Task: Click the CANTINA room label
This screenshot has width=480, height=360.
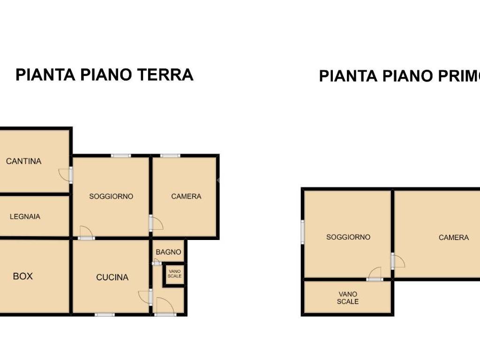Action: click(23, 161)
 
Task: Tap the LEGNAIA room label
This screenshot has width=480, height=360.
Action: click(25, 217)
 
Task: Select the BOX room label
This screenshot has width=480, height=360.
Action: click(22, 276)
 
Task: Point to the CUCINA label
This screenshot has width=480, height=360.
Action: click(112, 277)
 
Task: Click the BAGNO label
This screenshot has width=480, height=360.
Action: click(168, 252)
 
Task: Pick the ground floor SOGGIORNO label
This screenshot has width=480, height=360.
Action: click(111, 196)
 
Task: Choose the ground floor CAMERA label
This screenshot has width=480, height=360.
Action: click(186, 196)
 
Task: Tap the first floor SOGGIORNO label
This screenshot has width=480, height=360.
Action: click(348, 237)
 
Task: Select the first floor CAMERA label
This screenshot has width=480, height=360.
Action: click(453, 238)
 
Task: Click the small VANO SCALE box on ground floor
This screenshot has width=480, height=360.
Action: click(174, 273)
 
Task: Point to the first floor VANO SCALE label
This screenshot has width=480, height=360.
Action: click(348, 298)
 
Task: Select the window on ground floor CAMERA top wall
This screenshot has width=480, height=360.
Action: click(170, 156)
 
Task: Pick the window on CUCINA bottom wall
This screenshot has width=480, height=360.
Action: click(105, 315)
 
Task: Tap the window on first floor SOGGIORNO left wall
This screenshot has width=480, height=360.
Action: click(303, 232)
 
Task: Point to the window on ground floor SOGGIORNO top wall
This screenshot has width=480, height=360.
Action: click(121, 156)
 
